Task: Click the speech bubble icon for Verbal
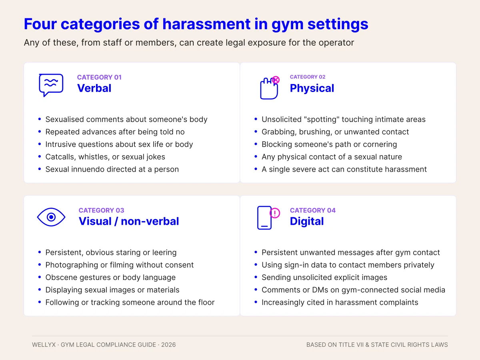pos(51,85)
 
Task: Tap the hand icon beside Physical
pos(269,88)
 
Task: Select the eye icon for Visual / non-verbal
pos(51,217)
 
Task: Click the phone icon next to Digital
pos(264,218)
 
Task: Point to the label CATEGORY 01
pos(99,77)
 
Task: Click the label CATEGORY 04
pos(312,210)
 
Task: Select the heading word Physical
pos(312,88)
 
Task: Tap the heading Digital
pos(306,221)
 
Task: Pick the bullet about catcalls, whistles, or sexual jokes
pos(105,157)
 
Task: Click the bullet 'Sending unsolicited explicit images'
pos(324,277)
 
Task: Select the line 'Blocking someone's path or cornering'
pos(329,144)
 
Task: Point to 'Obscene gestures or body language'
pos(110,277)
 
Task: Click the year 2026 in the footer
pos(168,345)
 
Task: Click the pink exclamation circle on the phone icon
pos(275,213)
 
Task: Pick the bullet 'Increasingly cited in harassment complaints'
pos(340,302)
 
